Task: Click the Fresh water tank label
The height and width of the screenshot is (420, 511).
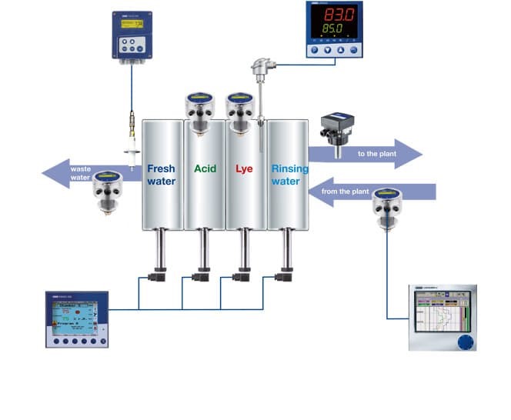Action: pyautogui.click(x=162, y=175)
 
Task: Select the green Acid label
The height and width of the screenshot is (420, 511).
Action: pyautogui.click(x=205, y=168)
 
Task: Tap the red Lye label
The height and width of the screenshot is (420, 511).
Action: pyautogui.click(x=244, y=168)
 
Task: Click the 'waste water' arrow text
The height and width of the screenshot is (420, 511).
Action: pyautogui.click(x=81, y=174)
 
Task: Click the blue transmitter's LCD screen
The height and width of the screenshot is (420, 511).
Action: pyautogui.click(x=132, y=24)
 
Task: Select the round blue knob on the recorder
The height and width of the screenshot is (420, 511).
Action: pyautogui.click(x=463, y=342)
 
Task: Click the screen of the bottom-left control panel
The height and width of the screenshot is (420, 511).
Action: pyautogui.click(x=74, y=319)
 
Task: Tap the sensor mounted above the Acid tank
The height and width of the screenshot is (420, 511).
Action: pyautogui.click(x=199, y=106)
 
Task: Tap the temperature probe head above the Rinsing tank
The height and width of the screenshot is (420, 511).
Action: pyautogui.click(x=257, y=70)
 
